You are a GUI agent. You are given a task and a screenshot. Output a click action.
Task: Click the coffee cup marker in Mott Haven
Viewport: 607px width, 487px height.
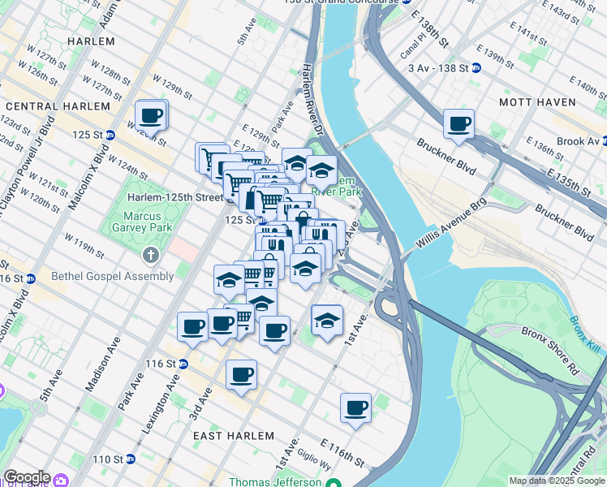459,124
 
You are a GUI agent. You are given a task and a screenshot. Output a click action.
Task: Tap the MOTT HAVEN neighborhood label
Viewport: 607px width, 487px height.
536,102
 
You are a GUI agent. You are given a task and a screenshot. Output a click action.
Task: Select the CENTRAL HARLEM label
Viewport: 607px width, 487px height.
58,106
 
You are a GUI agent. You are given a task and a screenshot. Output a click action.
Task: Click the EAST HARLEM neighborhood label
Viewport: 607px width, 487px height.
230,436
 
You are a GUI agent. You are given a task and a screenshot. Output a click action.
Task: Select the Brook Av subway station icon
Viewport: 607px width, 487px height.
601,141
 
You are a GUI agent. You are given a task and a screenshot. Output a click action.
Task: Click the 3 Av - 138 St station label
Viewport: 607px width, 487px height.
438,69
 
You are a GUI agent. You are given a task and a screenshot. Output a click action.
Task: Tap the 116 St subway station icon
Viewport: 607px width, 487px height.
183,364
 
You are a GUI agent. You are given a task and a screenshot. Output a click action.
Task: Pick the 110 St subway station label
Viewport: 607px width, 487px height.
107,459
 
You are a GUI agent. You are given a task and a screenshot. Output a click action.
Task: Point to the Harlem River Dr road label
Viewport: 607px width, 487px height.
312,90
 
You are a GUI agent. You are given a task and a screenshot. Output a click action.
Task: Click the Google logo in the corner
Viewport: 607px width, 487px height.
26,477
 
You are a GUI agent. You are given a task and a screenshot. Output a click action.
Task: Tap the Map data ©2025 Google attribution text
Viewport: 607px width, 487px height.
556,481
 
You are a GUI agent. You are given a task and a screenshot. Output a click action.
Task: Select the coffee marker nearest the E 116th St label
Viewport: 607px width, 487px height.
355,408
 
